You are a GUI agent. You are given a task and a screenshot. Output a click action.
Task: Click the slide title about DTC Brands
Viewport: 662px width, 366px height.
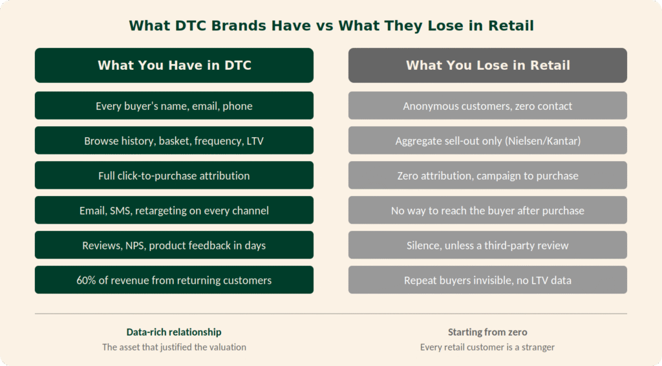pyautogui.click(x=331, y=26)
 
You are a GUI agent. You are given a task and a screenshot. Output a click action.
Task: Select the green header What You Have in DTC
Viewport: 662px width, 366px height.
pyautogui.click(x=174, y=65)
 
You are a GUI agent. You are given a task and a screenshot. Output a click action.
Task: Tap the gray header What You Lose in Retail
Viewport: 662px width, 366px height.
pyautogui.click(x=487, y=65)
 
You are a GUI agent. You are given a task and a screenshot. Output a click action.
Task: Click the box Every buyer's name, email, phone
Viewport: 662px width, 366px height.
pyautogui.click(x=174, y=105)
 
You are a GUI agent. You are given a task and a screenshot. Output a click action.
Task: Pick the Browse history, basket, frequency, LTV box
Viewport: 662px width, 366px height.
pyautogui.click(x=174, y=140)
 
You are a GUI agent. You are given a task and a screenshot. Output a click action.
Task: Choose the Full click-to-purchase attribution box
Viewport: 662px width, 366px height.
pyautogui.click(x=174, y=175)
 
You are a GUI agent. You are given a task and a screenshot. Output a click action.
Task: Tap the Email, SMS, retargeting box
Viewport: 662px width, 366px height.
pyautogui.click(x=174, y=210)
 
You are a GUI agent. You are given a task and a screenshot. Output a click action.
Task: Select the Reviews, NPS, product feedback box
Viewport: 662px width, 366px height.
pyautogui.click(x=174, y=245)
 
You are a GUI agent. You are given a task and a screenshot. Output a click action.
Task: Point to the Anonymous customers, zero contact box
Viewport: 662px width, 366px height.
pyautogui.click(x=487, y=105)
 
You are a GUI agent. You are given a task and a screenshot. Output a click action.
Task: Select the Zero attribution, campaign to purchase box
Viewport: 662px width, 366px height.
pyautogui.click(x=487, y=175)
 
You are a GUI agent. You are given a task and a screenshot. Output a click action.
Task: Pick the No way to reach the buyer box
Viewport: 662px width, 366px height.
pyautogui.click(x=487, y=210)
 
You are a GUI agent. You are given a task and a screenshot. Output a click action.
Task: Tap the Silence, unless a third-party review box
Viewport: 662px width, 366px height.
pyautogui.click(x=487, y=245)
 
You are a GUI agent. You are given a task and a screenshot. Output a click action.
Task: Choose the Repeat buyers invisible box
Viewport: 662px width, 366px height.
pyautogui.click(x=487, y=280)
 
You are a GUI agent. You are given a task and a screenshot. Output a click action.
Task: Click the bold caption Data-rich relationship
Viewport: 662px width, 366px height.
pyautogui.click(x=174, y=332)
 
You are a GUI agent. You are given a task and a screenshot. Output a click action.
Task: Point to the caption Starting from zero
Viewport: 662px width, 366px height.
pyautogui.click(x=487, y=332)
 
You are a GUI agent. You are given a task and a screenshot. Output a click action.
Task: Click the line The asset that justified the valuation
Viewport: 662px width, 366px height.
pyautogui.click(x=174, y=347)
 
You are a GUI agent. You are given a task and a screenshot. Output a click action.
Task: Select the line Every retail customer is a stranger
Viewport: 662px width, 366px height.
pyautogui.click(x=487, y=347)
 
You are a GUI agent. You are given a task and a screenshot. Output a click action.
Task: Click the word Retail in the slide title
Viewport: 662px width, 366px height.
pyautogui.click(x=511, y=26)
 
